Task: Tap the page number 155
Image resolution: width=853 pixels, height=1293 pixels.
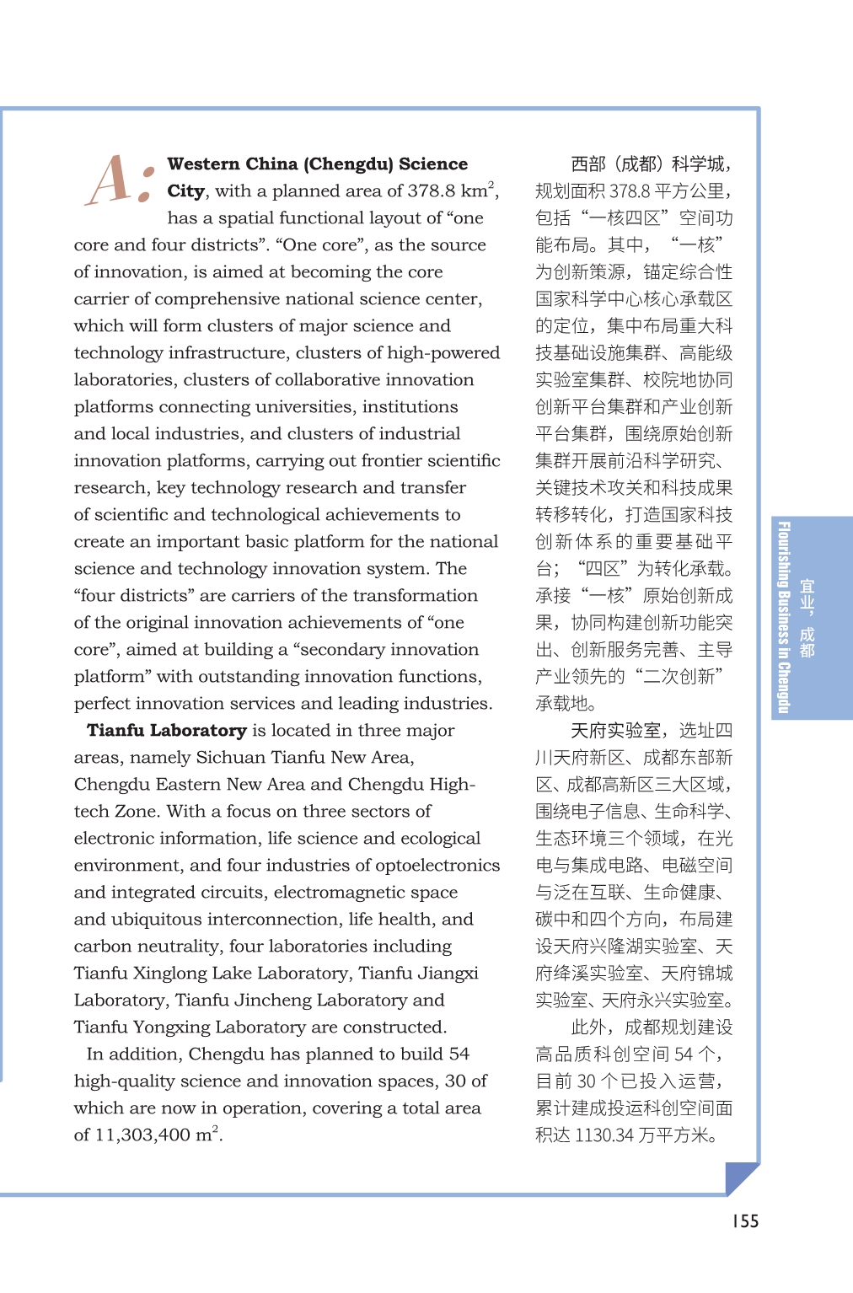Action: click(x=745, y=1221)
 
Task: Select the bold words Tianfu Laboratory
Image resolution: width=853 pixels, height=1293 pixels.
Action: click(x=167, y=731)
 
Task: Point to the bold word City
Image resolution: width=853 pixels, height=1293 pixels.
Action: click(x=185, y=191)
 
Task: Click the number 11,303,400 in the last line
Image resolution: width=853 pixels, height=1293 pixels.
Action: click(x=142, y=1135)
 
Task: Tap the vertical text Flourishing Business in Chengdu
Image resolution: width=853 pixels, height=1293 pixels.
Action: click(x=784, y=618)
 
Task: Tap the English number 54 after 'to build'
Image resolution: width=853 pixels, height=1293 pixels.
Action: click(x=459, y=1054)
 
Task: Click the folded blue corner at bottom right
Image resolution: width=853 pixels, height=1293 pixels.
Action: click(x=741, y=1178)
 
